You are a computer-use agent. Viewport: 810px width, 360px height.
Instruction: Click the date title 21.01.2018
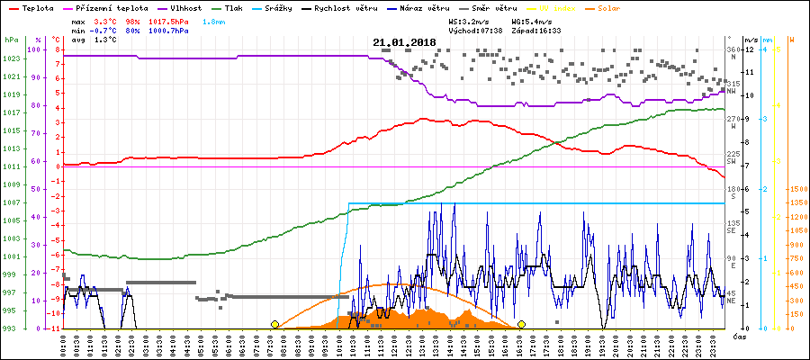[x=404, y=42]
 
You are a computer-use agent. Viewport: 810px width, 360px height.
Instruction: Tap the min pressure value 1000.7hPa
[x=171, y=30]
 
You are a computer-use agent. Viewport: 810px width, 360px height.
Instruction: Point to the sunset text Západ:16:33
[x=536, y=30]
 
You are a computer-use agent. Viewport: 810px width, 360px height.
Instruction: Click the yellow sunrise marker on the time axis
[x=274, y=324]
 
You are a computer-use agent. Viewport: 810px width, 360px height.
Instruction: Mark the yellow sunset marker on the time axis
[x=521, y=324]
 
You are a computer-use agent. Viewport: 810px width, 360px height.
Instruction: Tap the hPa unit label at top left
[x=10, y=40]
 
